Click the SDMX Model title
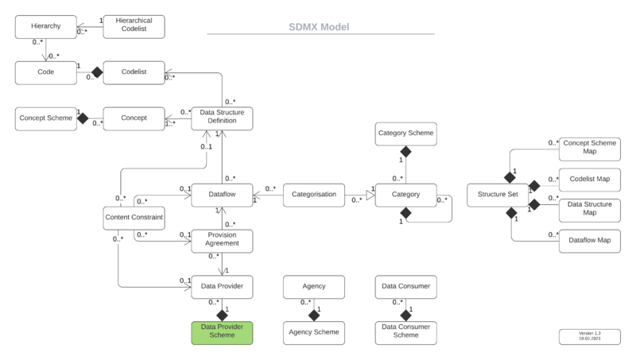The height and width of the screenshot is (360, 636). pos(319,26)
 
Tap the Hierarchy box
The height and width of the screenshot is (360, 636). pos(46,26)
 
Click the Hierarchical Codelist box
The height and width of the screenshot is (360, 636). pos(133,26)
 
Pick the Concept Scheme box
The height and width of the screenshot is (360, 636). pos(46,118)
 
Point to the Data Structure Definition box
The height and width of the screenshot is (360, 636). pos(222,118)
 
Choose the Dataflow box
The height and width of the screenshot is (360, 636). pos(222,194)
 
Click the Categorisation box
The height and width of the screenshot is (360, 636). pos(313,194)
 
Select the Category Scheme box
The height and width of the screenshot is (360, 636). pos(405,134)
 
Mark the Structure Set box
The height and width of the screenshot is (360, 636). pos(497,194)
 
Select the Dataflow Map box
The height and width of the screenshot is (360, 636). pos(589,239)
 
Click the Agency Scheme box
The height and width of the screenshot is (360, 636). pos(313,332)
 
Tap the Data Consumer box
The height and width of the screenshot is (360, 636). pos(405,286)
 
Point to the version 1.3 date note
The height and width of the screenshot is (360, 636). pos(590,335)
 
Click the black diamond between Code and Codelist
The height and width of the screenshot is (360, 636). pos(97,72)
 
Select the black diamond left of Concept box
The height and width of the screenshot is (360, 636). pos(82,118)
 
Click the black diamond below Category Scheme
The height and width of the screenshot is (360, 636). pos(405,151)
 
